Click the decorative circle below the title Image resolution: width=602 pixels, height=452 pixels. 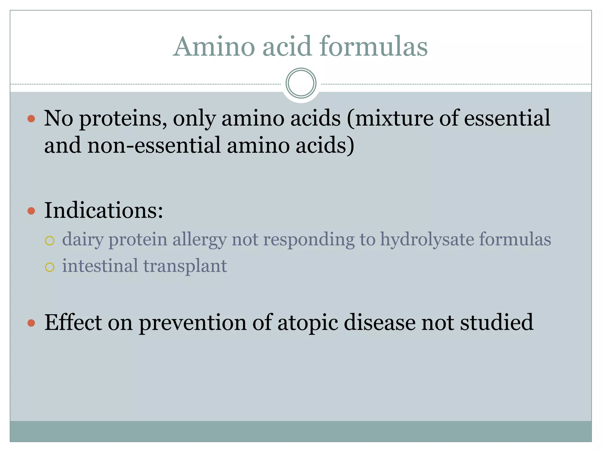point(301,83)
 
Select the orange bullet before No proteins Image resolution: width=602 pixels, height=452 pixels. point(31,119)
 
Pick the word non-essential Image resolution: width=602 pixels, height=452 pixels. point(154,145)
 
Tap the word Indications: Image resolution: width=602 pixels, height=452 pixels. point(103,211)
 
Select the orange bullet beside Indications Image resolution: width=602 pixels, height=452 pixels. point(31,211)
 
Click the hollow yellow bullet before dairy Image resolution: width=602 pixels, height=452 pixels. point(50,241)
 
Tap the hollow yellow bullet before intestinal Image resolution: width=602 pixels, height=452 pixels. point(50,267)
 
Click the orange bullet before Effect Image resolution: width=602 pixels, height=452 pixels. point(31,323)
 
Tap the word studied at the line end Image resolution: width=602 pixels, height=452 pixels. point(496,323)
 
